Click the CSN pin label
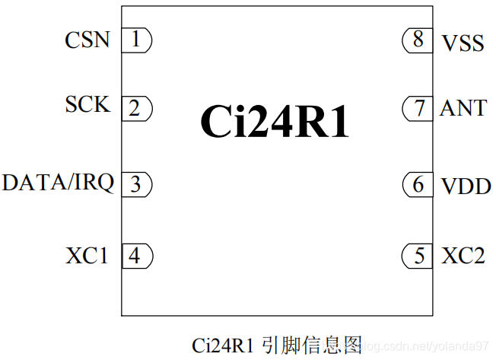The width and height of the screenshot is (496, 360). (x=87, y=40)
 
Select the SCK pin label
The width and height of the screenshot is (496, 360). (x=87, y=104)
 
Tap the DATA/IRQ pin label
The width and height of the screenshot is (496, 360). (x=58, y=183)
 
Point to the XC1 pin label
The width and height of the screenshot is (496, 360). (x=87, y=256)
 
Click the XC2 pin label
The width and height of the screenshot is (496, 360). (x=463, y=256)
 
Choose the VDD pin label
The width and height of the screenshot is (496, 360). (x=466, y=185)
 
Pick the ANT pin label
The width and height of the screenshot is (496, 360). (x=463, y=108)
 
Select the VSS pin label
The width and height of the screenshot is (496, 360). (x=463, y=43)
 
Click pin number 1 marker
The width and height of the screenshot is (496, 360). (x=136, y=40)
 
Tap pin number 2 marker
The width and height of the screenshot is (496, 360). (x=136, y=108)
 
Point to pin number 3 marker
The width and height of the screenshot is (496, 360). (x=136, y=183)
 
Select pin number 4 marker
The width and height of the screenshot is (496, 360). (x=136, y=255)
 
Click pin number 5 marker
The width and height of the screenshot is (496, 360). (x=418, y=256)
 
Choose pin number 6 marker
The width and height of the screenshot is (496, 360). (x=418, y=184)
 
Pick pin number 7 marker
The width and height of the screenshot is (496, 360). (x=418, y=108)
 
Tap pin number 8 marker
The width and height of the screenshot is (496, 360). (x=418, y=40)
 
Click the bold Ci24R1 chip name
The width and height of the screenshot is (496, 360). (x=275, y=122)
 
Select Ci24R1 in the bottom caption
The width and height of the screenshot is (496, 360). (x=222, y=345)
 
